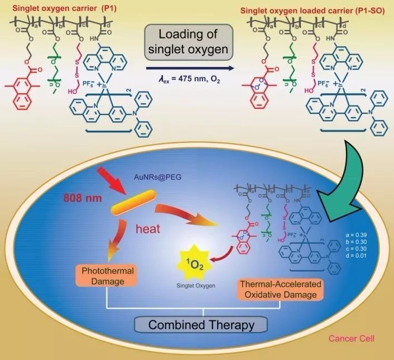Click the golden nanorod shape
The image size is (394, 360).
(132, 207)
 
